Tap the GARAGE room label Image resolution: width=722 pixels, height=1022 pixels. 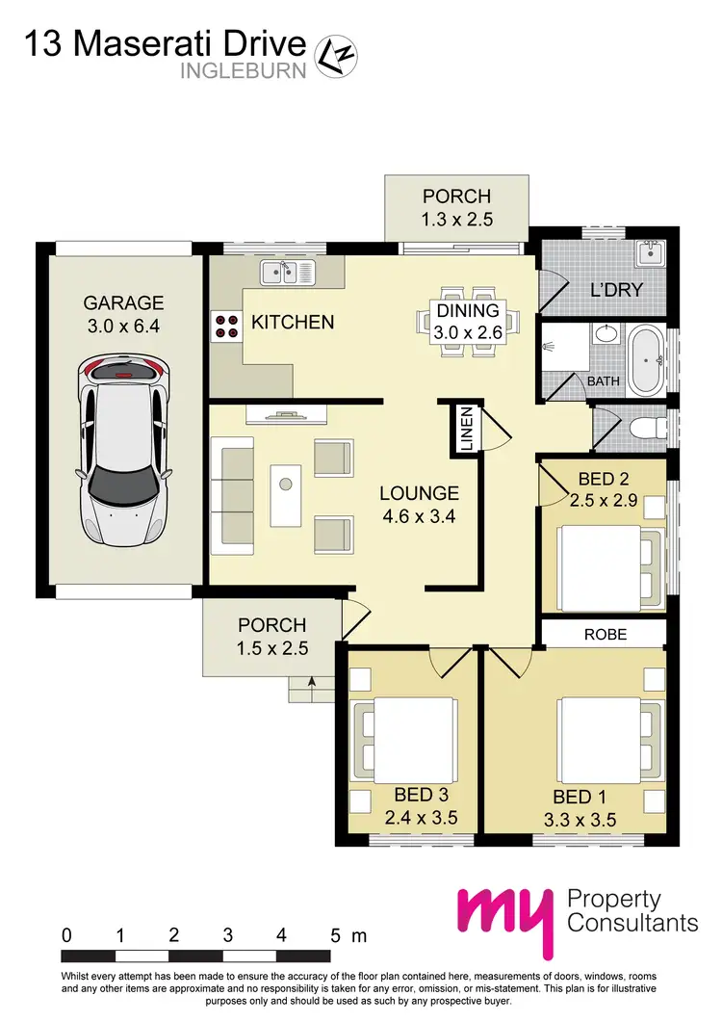[123, 301]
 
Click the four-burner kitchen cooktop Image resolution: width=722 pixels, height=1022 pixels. [227, 327]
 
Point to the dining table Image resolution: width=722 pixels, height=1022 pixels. [469, 321]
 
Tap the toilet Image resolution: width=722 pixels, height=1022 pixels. [646, 429]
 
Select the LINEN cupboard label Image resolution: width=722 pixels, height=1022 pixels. [467, 429]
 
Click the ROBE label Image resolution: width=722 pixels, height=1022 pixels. [606, 635]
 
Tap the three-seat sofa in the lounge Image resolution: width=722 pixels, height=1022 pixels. [231, 495]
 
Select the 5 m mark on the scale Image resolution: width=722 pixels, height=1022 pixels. [336, 935]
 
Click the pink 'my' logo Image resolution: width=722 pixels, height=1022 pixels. [505, 916]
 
